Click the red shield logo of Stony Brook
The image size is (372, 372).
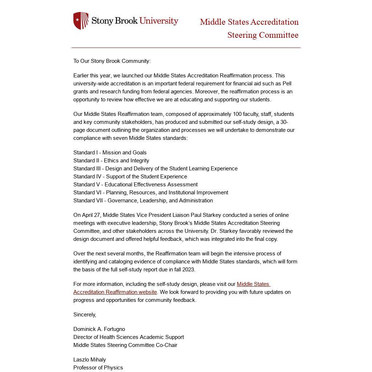(x=81, y=21)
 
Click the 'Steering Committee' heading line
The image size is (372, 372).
(x=263, y=35)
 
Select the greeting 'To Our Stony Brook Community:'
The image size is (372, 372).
(x=112, y=61)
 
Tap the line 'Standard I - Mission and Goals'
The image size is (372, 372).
(x=110, y=153)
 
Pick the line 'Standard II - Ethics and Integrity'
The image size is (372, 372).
(x=111, y=161)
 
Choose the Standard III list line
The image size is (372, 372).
(x=155, y=169)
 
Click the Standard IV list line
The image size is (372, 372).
(x=130, y=177)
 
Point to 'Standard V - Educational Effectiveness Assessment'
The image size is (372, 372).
(x=136, y=185)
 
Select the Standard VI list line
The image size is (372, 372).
(x=151, y=193)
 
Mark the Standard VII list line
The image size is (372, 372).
(x=143, y=201)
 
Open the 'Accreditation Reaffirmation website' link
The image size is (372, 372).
(x=115, y=292)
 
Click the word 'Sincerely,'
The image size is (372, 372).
(x=85, y=315)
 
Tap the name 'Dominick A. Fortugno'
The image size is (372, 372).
(x=99, y=329)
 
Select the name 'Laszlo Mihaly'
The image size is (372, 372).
(x=90, y=360)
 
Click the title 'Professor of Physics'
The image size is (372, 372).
(x=98, y=368)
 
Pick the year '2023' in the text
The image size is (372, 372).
(x=188, y=270)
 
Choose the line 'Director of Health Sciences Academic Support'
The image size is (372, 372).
(x=129, y=337)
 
